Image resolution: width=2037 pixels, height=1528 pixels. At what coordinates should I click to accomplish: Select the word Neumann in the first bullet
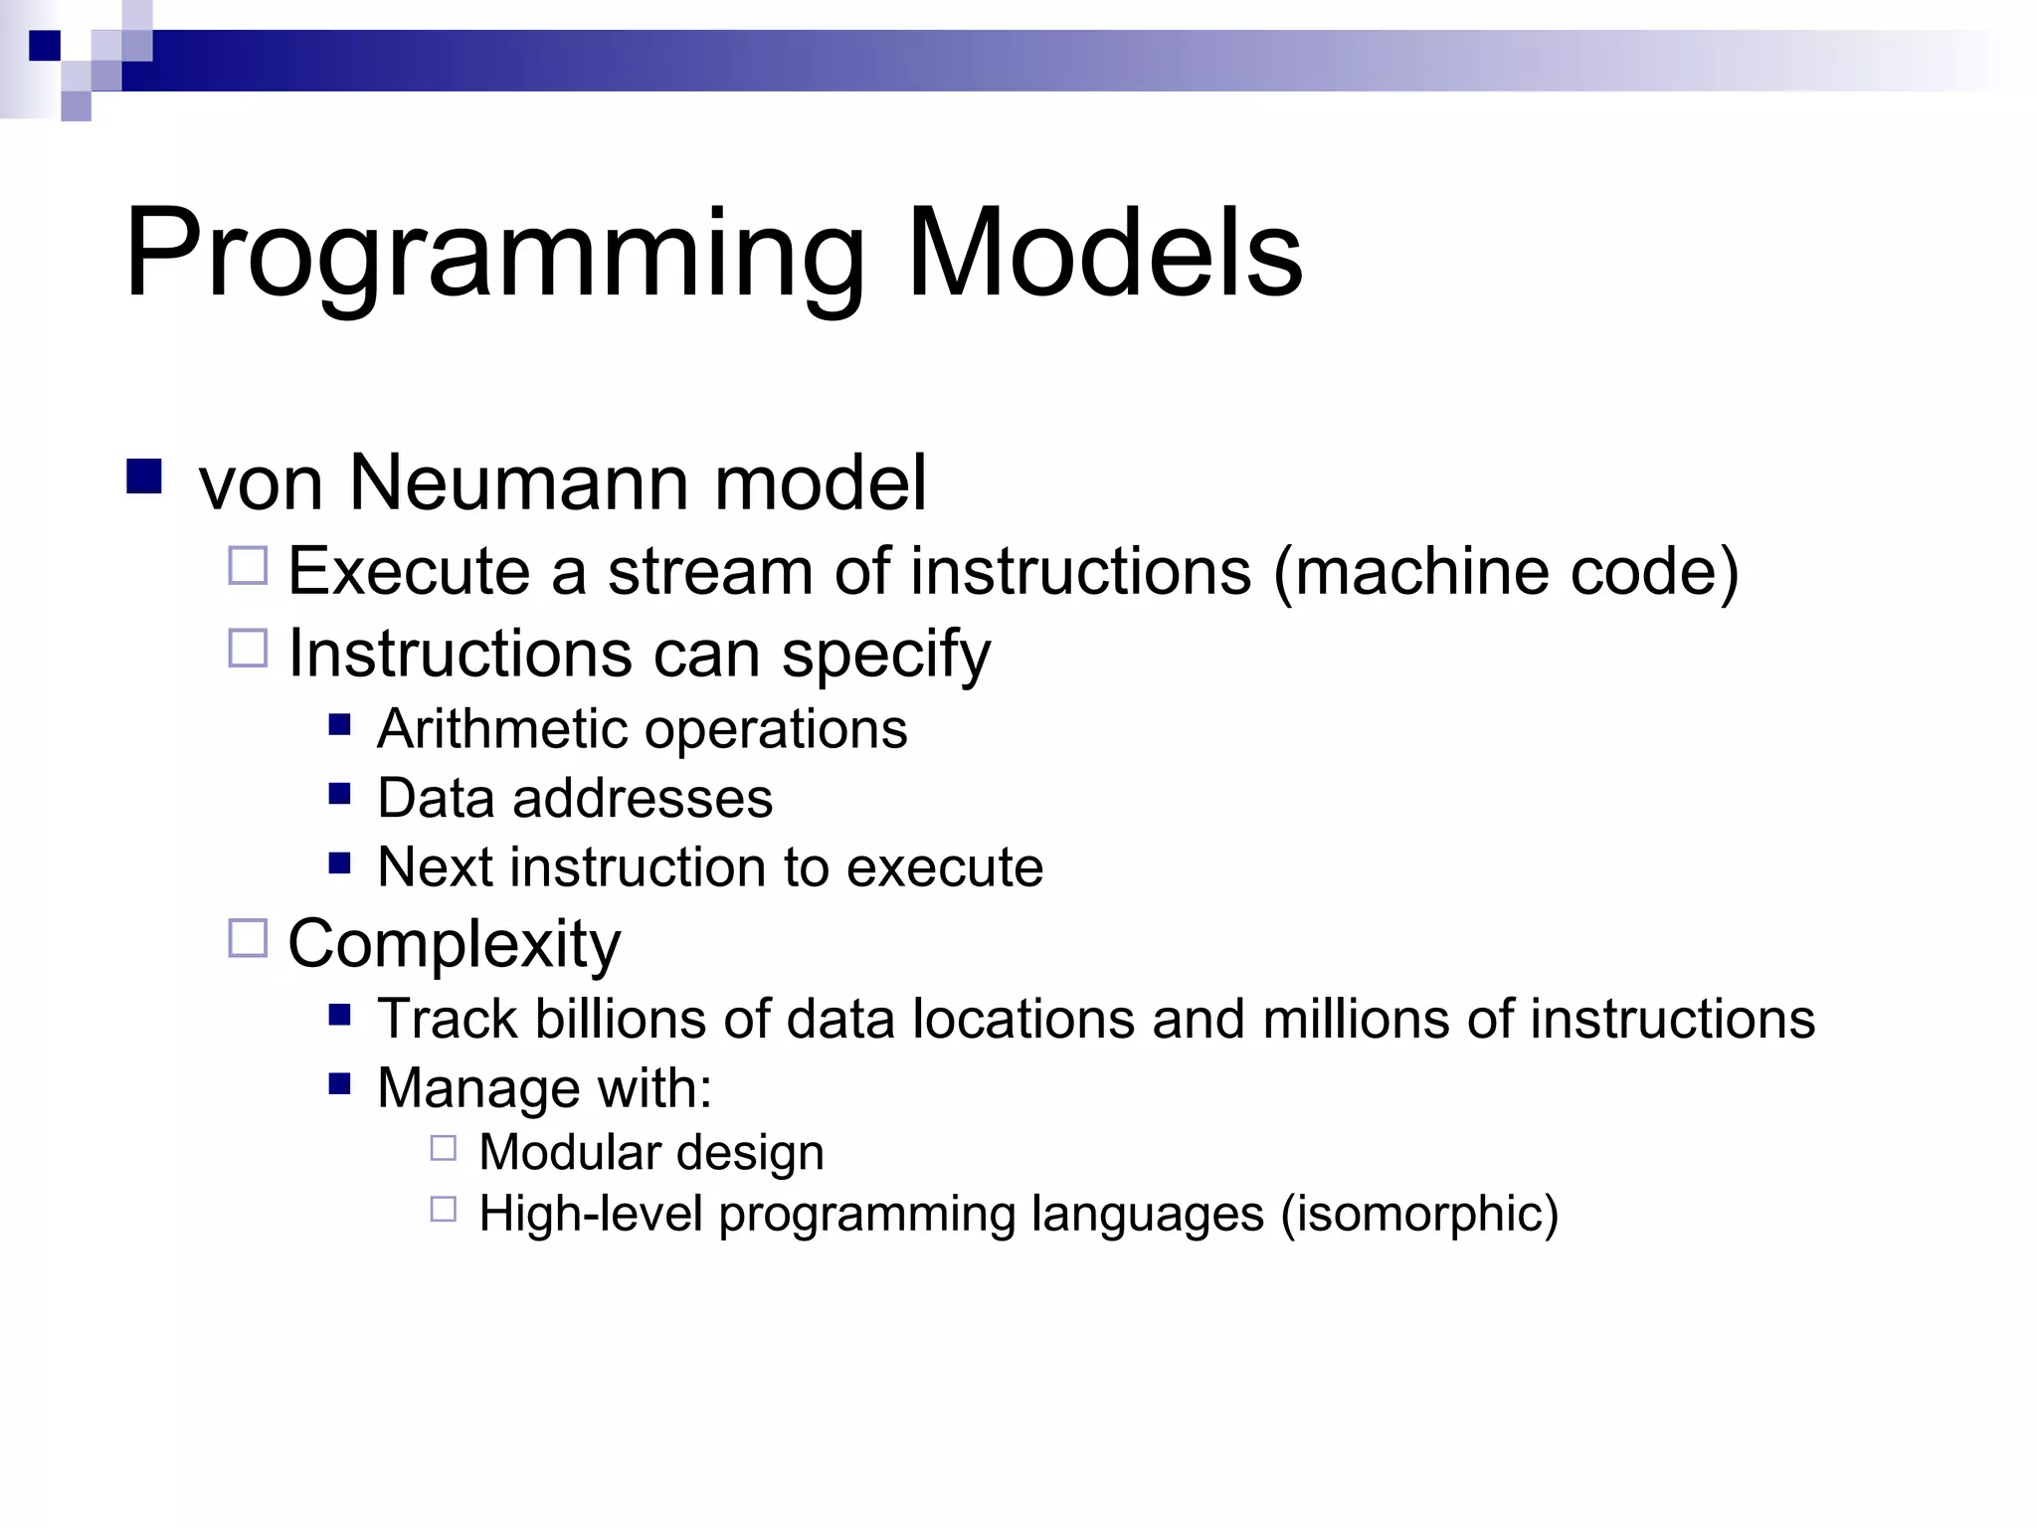(519, 483)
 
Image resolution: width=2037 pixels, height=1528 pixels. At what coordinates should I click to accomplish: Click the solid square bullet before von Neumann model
(144, 477)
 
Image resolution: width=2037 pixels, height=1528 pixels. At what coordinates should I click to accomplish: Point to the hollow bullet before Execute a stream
(248, 566)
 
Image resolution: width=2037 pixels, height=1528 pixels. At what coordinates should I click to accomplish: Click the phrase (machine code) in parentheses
(1506, 572)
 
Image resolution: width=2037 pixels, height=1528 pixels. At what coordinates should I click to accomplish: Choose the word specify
(885, 656)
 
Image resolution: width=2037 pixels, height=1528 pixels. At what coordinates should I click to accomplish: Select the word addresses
(642, 799)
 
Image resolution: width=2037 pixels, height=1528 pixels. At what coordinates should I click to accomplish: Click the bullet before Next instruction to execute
(340, 862)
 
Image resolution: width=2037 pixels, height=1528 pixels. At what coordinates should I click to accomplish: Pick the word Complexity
(454, 944)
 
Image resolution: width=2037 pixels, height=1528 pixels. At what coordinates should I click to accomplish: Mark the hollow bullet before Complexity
(248, 938)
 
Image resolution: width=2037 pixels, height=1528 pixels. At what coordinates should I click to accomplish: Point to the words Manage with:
(544, 1088)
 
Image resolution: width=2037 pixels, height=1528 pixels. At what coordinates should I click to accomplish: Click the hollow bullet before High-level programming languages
(444, 1210)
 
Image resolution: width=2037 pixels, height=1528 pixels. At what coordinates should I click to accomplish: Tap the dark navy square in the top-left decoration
(45, 46)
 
